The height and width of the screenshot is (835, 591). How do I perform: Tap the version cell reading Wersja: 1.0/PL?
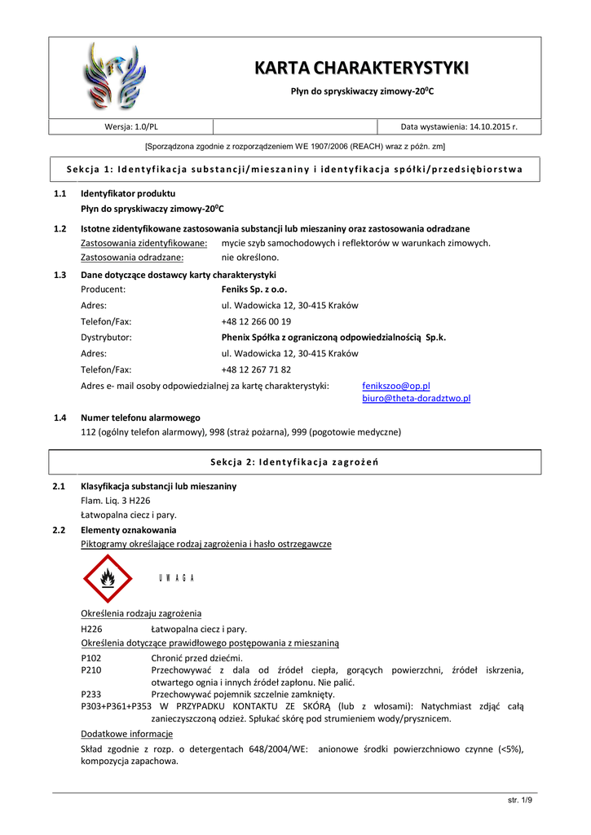pyautogui.click(x=131, y=126)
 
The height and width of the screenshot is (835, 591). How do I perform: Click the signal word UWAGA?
pyautogui.click(x=176, y=578)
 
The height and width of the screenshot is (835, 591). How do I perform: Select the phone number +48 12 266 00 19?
pyautogui.click(x=256, y=321)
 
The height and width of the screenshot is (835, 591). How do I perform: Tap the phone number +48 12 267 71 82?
pyautogui.click(x=256, y=369)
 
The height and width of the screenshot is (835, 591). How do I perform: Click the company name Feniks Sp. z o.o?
pyautogui.click(x=254, y=289)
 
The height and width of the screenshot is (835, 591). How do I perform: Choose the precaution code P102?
pyautogui.click(x=91, y=658)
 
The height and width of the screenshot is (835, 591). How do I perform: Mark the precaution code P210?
pyautogui.click(x=91, y=670)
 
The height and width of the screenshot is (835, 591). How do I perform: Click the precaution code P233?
pyautogui.click(x=91, y=695)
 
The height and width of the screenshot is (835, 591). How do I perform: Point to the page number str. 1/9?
pyautogui.click(x=519, y=800)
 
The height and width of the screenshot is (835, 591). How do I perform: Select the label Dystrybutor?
pyautogui.click(x=107, y=338)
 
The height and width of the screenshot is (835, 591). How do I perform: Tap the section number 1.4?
pyautogui.click(x=60, y=417)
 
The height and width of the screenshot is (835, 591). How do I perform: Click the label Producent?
pyautogui.click(x=103, y=289)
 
